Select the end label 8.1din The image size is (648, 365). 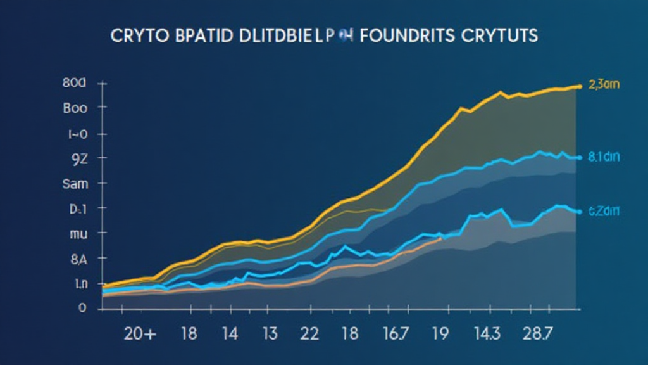pos(605,158)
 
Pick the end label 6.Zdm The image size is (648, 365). pos(605,212)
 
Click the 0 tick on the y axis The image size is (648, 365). pos(82,309)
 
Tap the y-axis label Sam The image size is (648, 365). pos(75,184)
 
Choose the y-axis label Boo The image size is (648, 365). pos(75,108)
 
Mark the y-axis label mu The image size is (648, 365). pos(76,233)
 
